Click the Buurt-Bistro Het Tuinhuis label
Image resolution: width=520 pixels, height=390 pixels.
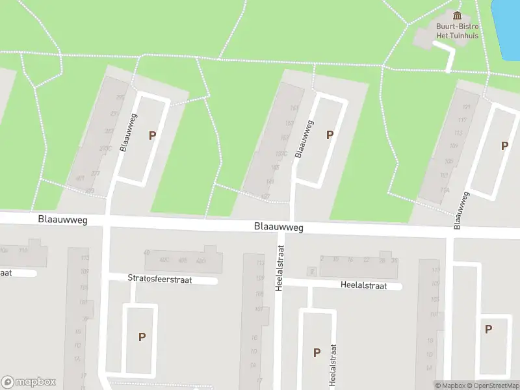pos(457,31)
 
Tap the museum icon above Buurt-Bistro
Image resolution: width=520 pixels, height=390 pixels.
pos(457,16)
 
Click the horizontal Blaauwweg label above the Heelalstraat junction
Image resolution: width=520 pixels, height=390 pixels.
pos(279,227)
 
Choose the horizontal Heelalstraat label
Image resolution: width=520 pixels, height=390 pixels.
pos(363,285)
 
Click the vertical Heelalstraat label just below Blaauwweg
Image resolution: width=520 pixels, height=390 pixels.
pos(280,267)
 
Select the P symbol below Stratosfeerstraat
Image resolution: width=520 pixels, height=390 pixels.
pos(142,337)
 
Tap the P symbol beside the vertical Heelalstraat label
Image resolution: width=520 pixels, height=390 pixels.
pos(317,352)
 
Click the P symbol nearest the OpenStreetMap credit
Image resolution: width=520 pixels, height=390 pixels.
pos(488,330)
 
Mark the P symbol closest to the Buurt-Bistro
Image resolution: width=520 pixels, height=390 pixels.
pos(504,146)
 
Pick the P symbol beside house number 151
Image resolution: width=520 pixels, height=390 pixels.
pos(330,135)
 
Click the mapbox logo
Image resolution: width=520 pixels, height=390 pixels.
pos(29,382)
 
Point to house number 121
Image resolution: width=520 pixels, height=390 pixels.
pos(466,106)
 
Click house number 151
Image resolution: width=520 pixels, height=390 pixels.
pos(294,108)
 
